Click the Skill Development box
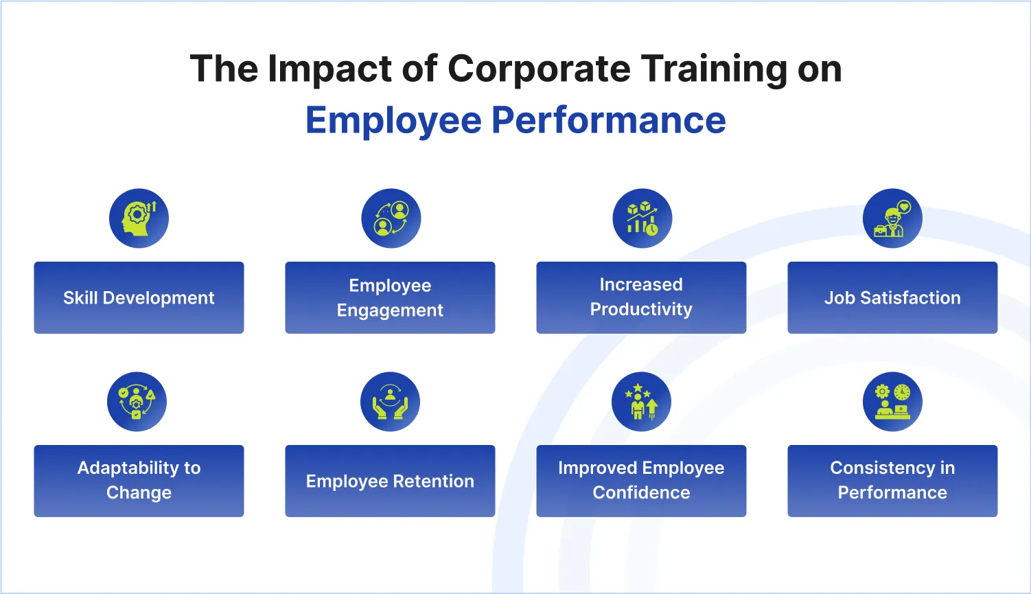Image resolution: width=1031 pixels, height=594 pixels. (139, 297)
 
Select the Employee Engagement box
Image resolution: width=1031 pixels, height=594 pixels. (390, 297)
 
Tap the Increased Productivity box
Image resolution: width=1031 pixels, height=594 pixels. (641, 297)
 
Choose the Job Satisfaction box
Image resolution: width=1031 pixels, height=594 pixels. (892, 297)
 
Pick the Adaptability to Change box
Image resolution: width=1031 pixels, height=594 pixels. (139, 481)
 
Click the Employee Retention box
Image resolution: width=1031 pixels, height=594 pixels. (390, 481)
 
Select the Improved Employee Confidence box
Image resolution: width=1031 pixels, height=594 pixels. (641, 481)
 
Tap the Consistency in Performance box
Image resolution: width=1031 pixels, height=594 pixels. (892, 481)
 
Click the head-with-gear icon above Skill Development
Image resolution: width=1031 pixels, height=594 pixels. (139, 218)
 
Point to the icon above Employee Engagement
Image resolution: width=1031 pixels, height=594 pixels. (391, 218)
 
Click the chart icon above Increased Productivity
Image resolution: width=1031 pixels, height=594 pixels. (642, 218)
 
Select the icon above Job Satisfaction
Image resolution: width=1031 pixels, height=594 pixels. (892, 218)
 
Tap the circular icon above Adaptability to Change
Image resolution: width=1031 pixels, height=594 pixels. (137, 402)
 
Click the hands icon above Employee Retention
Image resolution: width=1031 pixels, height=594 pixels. (390, 402)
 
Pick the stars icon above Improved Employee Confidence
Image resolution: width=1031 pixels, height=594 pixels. (641, 402)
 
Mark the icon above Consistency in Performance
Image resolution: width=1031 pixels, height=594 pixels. (892, 402)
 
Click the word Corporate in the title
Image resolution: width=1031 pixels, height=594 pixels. (539, 69)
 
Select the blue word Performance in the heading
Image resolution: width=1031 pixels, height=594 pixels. (608, 120)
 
